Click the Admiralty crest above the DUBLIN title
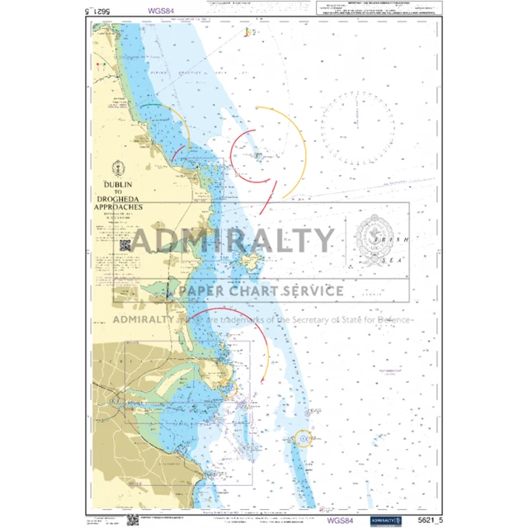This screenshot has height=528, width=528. [119, 167]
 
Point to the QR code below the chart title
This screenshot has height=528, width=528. [125, 244]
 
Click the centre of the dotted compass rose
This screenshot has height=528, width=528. [359, 126]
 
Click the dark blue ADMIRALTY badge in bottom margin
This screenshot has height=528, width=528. [384, 520]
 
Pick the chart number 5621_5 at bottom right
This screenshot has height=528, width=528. [426, 520]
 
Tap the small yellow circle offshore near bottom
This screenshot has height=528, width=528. [304, 437]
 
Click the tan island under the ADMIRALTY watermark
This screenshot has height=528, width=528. [249, 263]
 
